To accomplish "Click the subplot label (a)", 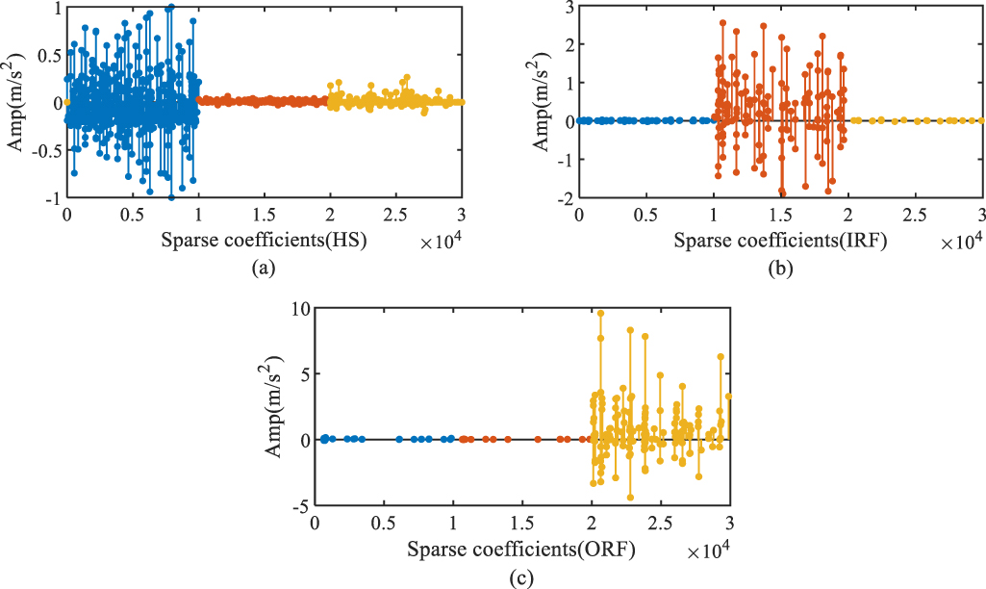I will click(262, 269).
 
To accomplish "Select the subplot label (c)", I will click(520, 577).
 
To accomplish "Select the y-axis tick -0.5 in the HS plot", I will click(45, 150).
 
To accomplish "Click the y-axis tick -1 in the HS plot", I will click(52, 198).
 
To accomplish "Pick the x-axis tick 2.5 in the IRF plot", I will click(916, 215).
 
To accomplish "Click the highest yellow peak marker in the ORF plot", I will click(600, 313).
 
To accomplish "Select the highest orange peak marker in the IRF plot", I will click(722, 23).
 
